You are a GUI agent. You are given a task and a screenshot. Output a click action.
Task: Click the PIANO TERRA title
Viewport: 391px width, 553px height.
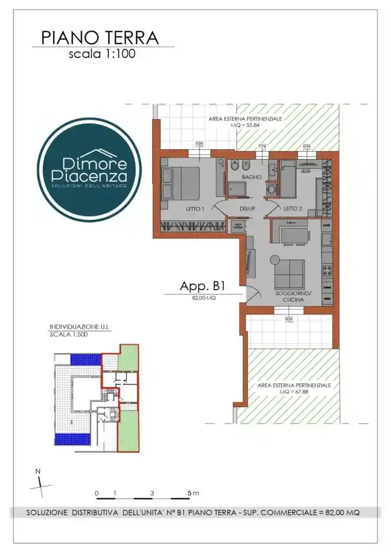100,38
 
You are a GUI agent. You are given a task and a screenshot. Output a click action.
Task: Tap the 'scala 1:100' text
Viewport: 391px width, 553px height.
102,54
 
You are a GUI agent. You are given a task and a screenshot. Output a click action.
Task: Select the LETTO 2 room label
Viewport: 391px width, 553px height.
292,209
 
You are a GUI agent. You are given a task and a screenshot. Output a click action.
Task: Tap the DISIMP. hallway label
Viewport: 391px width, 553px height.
248,209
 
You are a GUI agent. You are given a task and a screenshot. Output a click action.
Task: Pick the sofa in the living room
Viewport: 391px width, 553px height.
289,274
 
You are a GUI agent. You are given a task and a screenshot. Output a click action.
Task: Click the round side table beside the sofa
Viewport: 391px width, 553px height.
274,259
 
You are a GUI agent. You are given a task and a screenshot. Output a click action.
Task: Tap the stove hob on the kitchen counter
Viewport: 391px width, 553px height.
327,272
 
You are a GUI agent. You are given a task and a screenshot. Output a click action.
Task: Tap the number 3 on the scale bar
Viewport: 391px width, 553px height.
152,493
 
